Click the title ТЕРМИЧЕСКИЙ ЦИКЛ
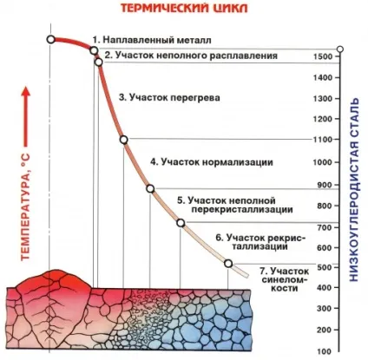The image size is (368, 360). (x=184, y=8)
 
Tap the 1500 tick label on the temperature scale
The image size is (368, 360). (x=323, y=56)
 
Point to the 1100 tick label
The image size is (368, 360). (x=323, y=140)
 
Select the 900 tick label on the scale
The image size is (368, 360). (x=325, y=185)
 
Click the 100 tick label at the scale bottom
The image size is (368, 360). (x=325, y=352)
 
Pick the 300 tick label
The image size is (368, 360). (x=325, y=309)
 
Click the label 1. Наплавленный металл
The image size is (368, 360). (x=152, y=40)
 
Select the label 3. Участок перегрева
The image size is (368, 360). (x=169, y=97)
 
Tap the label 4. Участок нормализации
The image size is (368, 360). (x=212, y=162)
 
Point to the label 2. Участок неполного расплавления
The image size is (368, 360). (x=191, y=56)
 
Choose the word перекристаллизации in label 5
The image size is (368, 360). (x=242, y=209)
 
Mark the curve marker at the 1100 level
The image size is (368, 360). (x=124, y=140)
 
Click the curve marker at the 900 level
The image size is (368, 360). (x=150, y=189)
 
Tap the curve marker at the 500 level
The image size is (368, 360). (x=228, y=264)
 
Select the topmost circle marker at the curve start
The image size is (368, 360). (x=51, y=40)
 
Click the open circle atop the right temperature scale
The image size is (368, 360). (x=340, y=49)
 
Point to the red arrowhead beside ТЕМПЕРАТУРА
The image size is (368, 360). (x=26, y=93)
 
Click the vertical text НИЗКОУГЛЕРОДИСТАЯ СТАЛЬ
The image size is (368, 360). (x=354, y=190)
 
